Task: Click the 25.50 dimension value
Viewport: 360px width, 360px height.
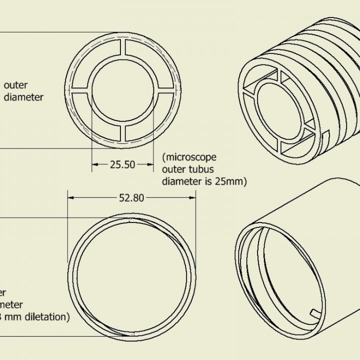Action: tap(122, 164)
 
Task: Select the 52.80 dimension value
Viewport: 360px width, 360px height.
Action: tap(131, 197)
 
